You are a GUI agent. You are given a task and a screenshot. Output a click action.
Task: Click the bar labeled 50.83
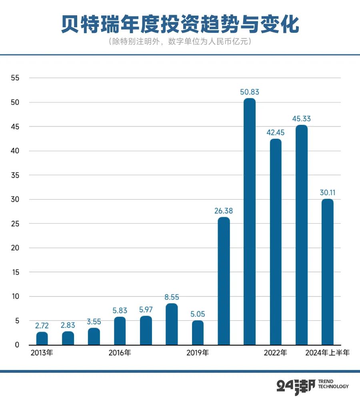pos(250,222)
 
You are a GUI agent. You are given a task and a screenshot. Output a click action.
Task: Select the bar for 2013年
pos(42,338)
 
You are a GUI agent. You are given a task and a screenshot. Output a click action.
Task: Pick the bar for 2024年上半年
pos(328,272)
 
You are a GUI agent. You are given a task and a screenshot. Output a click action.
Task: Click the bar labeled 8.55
pos(172,324)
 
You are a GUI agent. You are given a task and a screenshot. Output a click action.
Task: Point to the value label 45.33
pos(302,119)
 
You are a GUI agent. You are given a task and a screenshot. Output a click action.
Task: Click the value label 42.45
pos(276,133)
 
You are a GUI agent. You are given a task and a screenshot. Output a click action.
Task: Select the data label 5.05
pos(198,314)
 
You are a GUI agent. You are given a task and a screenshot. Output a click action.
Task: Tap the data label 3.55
pos(94,322)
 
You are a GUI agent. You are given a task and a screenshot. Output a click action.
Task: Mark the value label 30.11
pos(328,193)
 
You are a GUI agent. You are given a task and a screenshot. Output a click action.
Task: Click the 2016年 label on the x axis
pos(120,353)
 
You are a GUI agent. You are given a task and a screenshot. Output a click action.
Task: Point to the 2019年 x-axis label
pos(198,353)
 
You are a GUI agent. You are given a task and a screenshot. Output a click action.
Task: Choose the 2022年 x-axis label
pos(275,353)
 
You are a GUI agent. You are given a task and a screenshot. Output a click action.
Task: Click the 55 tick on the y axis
pos(15,78)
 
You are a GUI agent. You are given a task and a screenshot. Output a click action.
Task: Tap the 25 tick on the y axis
pos(15,224)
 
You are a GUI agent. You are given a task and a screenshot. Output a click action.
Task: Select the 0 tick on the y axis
pos(17,345)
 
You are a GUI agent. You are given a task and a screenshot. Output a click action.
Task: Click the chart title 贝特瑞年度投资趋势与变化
pos(180,25)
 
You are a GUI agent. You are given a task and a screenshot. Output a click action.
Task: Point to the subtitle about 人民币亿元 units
pos(180,42)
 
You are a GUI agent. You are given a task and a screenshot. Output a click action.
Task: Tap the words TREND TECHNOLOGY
pos(333,384)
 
